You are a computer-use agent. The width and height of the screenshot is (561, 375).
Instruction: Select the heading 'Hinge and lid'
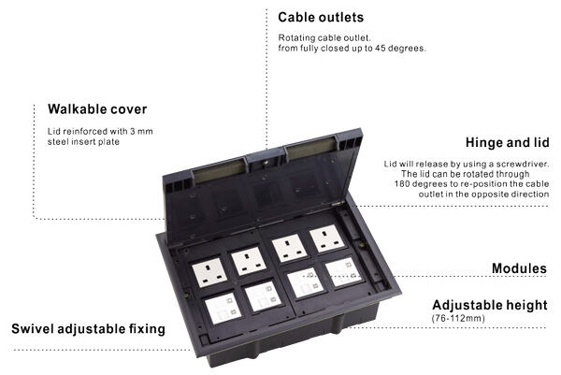506,143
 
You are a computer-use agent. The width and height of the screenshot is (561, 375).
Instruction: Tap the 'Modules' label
519,268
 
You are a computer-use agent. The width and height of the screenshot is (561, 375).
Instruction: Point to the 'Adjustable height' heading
489,305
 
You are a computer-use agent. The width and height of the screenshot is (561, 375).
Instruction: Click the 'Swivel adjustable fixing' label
88,328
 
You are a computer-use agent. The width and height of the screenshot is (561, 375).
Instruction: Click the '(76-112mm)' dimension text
458,319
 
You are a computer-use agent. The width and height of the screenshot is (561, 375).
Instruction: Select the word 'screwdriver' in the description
519,163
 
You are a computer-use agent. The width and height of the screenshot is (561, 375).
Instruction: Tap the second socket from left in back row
246,259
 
